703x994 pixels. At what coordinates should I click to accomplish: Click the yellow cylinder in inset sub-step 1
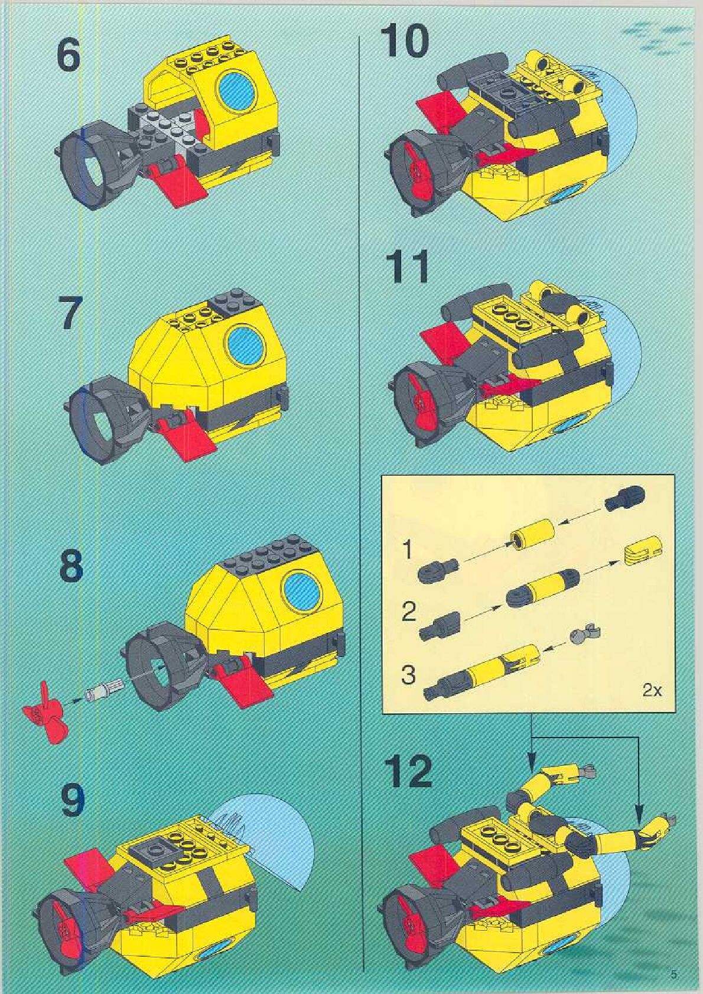point(533,532)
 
